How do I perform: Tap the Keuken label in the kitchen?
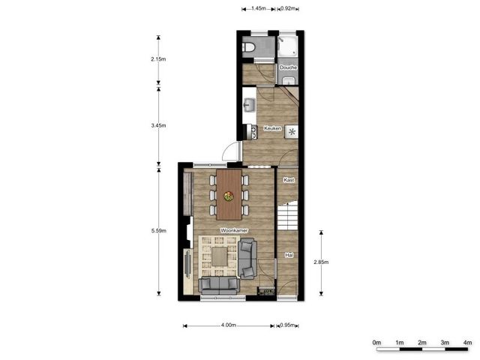(272, 128)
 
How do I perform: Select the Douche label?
(289, 67)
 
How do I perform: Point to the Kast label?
(289, 180)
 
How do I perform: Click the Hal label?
(289, 256)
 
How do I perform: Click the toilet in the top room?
(250, 48)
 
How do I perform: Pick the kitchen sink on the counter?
(250, 104)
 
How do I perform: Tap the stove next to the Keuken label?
(292, 130)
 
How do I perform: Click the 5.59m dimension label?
(158, 230)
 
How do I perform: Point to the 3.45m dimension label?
(158, 125)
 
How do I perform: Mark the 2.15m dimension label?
(158, 58)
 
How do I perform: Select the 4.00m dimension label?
(229, 325)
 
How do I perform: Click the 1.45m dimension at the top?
(259, 8)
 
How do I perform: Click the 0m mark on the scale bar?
(377, 343)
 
